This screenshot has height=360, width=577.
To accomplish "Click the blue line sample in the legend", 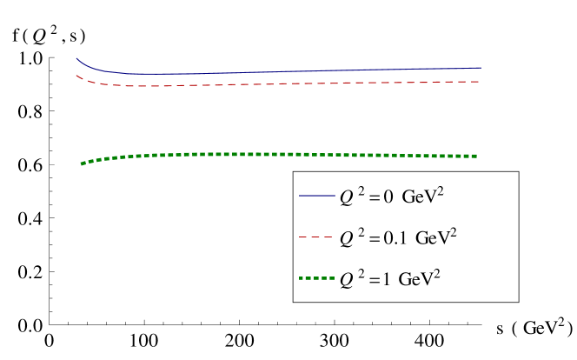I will tap(316, 197).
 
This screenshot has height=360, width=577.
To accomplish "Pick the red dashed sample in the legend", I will tap(316, 237).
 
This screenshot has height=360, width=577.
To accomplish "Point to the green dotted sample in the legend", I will tap(316, 278).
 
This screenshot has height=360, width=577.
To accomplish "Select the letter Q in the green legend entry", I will tap(346, 280).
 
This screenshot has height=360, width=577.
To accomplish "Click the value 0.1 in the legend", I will tap(395, 238).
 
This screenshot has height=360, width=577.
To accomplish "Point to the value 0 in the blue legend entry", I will tap(390, 197).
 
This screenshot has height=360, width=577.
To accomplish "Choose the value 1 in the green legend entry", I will tap(390, 279).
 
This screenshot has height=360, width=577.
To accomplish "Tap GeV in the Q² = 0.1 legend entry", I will tap(432, 238).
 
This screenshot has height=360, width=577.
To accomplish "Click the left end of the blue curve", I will tap(77, 59).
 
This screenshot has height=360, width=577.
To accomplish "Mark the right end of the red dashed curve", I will tap(479, 82).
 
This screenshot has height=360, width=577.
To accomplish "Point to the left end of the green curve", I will tap(82, 163).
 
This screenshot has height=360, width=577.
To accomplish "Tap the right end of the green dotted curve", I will tap(476, 156).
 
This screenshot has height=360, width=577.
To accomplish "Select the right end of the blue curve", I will tap(480, 68).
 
